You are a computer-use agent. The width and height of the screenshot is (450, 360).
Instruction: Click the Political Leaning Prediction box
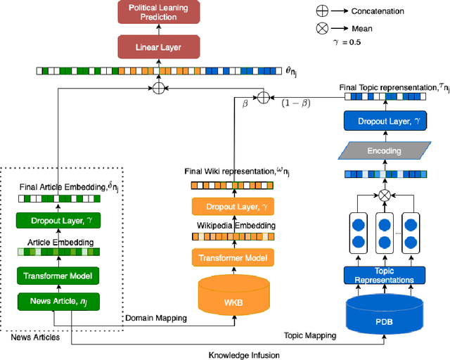[158, 12]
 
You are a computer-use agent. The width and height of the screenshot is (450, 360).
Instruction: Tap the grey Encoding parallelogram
[384, 150]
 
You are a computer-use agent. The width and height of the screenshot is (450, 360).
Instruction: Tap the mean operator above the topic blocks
[384, 193]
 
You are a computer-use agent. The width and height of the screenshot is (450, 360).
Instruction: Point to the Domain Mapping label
[156, 319]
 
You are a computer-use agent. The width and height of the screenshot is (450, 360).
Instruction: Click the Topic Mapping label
[310, 336]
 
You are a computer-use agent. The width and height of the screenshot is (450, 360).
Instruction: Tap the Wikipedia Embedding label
[230, 225]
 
